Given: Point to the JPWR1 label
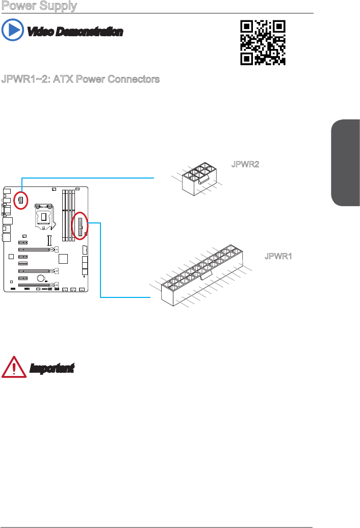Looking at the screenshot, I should coord(278,256).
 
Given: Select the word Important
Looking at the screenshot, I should coord(52,368).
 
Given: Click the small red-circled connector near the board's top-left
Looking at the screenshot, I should coord(21,200).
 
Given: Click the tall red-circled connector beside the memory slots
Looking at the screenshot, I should coord(80,225).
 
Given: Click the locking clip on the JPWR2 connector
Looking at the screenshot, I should coord(203,179).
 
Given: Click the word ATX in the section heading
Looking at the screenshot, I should coord(71,80).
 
